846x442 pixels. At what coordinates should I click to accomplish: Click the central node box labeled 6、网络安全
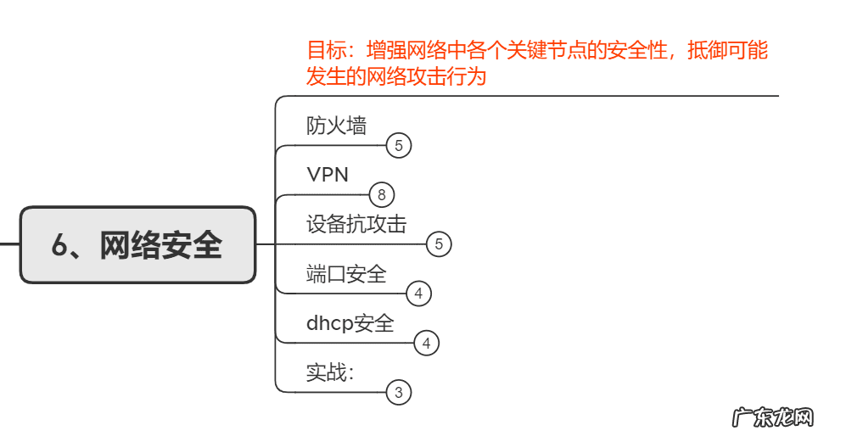[137, 244]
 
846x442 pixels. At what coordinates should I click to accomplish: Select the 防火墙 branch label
[336, 126]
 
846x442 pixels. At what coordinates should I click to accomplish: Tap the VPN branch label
[328, 175]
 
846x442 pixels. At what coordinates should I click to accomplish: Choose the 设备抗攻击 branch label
[356, 224]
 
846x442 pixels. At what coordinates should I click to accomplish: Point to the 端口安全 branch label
[346, 273]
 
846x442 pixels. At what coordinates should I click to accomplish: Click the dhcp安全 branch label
[350, 323]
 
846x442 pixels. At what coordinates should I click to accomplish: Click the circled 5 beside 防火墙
[399, 146]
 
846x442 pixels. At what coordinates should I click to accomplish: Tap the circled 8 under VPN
[382, 195]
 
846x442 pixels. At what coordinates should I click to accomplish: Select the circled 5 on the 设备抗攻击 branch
[439, 244]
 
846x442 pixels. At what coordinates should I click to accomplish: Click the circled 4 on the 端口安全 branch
[419, 294]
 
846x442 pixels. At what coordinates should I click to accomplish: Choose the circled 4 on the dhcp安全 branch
[427, 344]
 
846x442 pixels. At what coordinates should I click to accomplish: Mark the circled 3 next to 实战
[399, 393]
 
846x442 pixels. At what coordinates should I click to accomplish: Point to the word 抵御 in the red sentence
[706, 51]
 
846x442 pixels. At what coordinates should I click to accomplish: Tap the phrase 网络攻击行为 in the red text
[427, 76]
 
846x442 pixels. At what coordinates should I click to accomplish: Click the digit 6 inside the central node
[59, 245]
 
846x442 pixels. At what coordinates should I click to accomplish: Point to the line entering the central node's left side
[9, 244]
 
